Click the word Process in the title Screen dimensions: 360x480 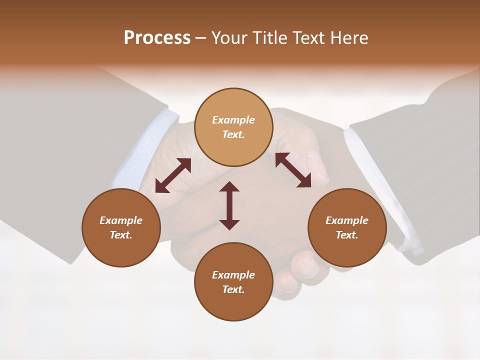pyautogui.click(x=157, y=38)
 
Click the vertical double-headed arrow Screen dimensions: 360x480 pyautogui.click(x=229, y=205)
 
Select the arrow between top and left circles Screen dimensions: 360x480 pyautogui.click(x=173, y=175)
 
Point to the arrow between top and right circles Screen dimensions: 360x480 pyautogui.click(x=293, y=170)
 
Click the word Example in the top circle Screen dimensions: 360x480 pyautogui.click(x=233, y=120)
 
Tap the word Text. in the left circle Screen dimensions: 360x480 pyautogui.click(x=121, y=235)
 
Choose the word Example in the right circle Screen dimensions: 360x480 pyautogui.click(x=347, y=220)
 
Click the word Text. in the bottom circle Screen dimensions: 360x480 pyautogui.click(x=233, y=289)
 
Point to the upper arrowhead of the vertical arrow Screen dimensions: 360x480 pyautogui.click(x=229, y=187)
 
